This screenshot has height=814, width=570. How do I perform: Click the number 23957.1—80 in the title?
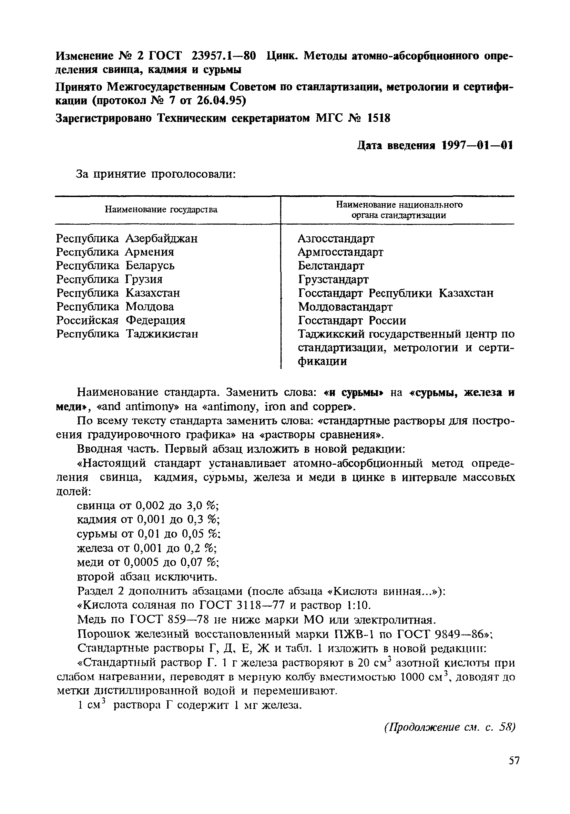pos(223,56)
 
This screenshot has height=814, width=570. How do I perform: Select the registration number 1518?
pos(378,118)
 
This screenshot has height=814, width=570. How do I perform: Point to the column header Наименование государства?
pos(161,209)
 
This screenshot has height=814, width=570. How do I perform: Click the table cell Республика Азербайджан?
pos(126,238)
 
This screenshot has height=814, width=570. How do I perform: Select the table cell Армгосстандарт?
pos(340,252)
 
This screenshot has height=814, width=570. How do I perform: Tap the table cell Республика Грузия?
pos(109,279)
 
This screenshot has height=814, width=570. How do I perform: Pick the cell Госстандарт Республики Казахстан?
pos(396,293)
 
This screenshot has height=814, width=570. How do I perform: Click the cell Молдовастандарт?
pos(345,307)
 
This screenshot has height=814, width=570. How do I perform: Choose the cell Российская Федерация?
pos(121,320)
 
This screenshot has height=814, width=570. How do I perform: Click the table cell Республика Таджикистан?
pos(127,334)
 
